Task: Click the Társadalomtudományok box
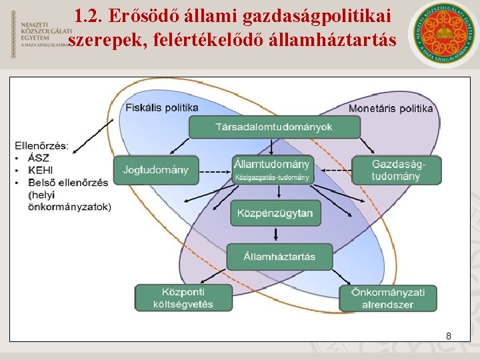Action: (x=274, y=127)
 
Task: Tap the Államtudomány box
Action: (x=272, y=169)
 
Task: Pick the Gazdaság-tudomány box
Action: (x=397, y=170)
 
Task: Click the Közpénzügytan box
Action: (x=275, y=213)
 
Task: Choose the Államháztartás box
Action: (x=279, y=256)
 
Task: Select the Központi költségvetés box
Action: (x=184, y=298)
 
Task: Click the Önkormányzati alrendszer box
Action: (x=387, y=298)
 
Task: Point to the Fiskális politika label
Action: (x=162, y=107)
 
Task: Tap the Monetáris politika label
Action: (x=391, y=108)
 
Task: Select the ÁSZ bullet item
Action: (x=39, y=159)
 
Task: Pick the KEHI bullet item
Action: (x=41, y=171)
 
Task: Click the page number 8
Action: (x=449, y=336)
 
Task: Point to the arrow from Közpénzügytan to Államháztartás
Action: (x=275, y=234)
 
